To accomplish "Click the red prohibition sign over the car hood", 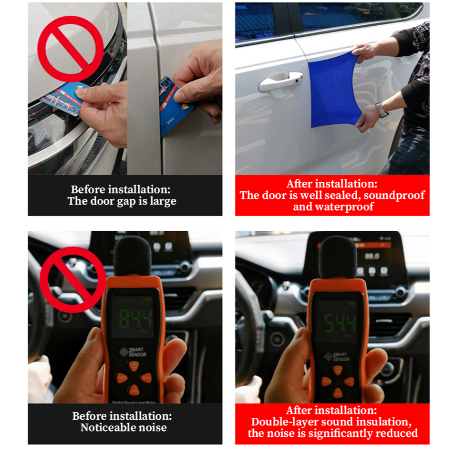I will pyautogui.click(x=71, y=49).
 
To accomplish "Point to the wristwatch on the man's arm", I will pyautogui.click(x=382, y=110).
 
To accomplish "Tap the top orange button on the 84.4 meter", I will pyautogui.click(x=134, y=365).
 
